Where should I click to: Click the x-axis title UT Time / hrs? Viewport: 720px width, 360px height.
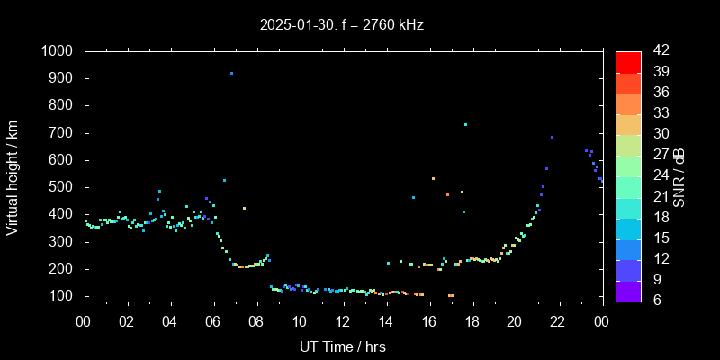(x=343, y=346)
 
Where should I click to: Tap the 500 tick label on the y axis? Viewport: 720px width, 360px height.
(x=63, y=187)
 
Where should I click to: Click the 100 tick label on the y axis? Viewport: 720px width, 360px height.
(x=63, y=296)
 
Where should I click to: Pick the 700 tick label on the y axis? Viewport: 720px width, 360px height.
(x=63, y=133)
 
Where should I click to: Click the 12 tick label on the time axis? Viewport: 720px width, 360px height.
(x=343, y=321)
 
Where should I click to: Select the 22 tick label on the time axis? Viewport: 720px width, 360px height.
(x=558, y=321)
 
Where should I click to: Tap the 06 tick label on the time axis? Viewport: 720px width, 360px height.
(x=213, y=321)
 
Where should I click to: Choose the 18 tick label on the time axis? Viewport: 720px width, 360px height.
(x=472, y=321)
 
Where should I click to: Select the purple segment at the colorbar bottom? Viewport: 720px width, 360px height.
(x=628, y=290)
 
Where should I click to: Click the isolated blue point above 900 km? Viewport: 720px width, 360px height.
(x=231, y=73)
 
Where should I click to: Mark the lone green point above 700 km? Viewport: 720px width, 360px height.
(x=465, y=124)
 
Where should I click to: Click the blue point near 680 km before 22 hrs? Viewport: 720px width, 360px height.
(x=552, y=138)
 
